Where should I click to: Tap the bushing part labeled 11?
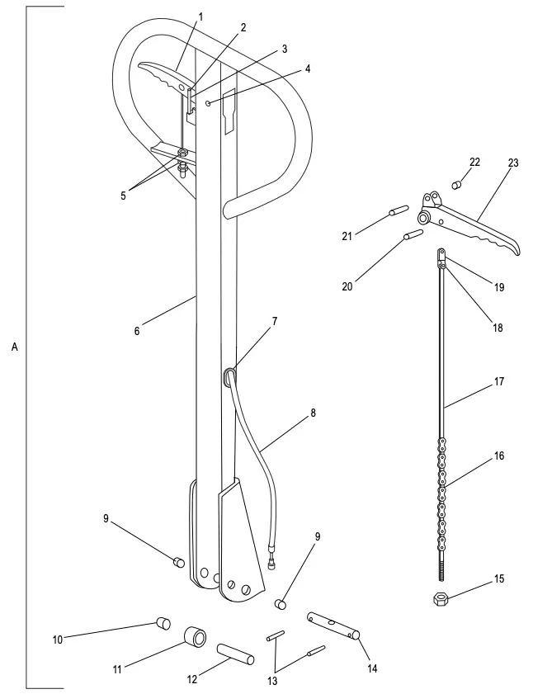point(196,638)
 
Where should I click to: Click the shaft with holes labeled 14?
point(334,625)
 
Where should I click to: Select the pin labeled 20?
point(413,235)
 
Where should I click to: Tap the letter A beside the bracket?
point(14,348)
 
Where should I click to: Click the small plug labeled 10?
point(162,621)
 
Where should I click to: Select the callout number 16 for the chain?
point(500,456)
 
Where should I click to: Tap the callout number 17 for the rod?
point(500,382)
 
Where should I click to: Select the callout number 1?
point(200,16)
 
